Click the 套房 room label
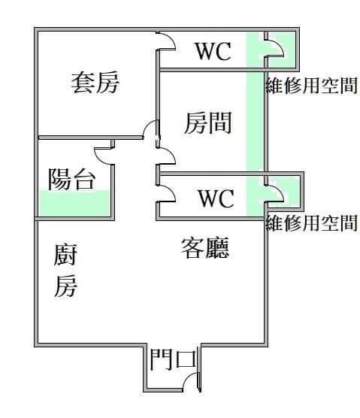95,83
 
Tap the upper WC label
213,51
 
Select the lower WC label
216,198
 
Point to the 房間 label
208,123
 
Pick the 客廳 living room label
205,248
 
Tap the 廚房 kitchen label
65,271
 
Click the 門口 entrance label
173,360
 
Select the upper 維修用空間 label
311,86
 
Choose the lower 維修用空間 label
311,223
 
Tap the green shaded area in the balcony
74,203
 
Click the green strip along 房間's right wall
255,121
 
